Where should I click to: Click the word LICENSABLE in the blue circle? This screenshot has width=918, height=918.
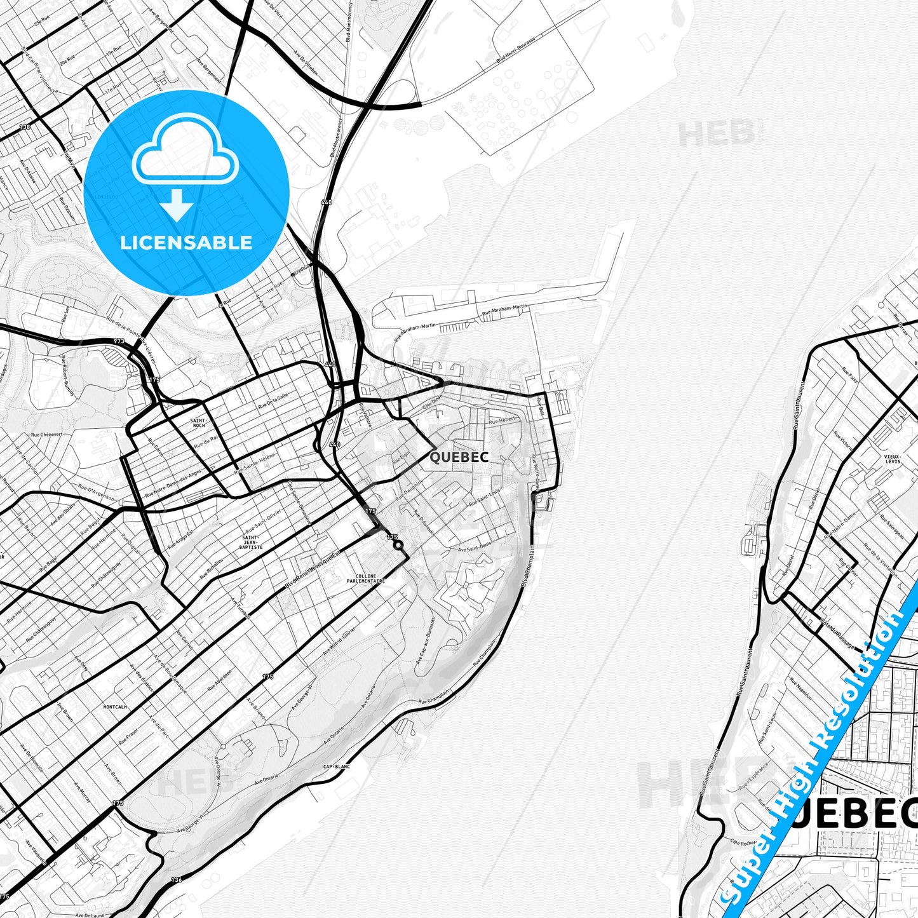(186, 242)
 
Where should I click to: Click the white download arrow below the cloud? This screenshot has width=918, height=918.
(177, 205)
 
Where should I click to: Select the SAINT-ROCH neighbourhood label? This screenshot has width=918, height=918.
(198, 422)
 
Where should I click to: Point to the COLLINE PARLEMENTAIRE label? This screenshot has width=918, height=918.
(365, 579)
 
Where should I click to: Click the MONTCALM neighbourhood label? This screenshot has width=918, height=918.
(115, 706)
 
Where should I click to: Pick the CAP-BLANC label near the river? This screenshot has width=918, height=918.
(337, 767)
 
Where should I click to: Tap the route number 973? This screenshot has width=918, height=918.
(119, 342)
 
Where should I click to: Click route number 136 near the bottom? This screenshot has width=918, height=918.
(177, 880)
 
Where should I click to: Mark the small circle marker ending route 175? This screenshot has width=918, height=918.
(398, 545)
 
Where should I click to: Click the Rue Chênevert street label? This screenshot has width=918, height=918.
(47, 435)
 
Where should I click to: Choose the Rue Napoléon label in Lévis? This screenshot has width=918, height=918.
(801, 688)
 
